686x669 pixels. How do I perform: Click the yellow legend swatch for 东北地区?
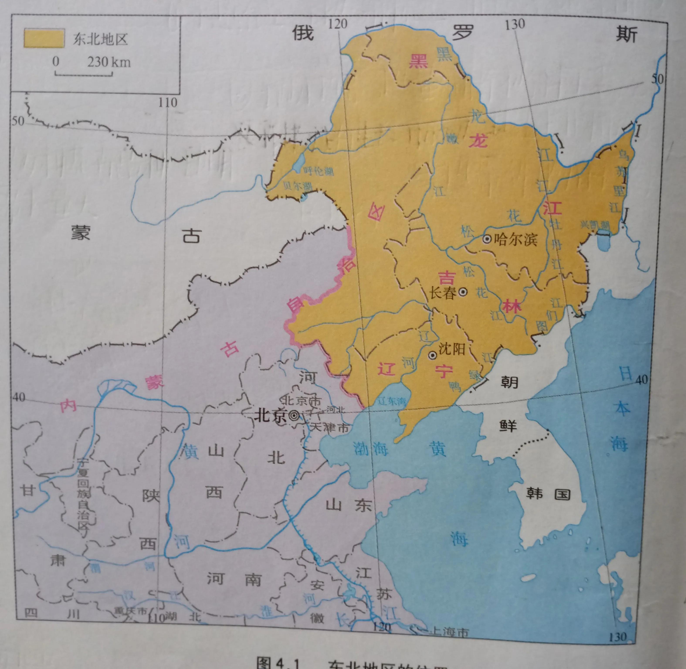(44, 38)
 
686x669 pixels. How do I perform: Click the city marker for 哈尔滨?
(487, 239)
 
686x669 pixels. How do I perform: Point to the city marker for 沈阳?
(433, 356)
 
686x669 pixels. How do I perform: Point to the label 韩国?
(548, 494)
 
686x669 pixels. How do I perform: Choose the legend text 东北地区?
(100, 39)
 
